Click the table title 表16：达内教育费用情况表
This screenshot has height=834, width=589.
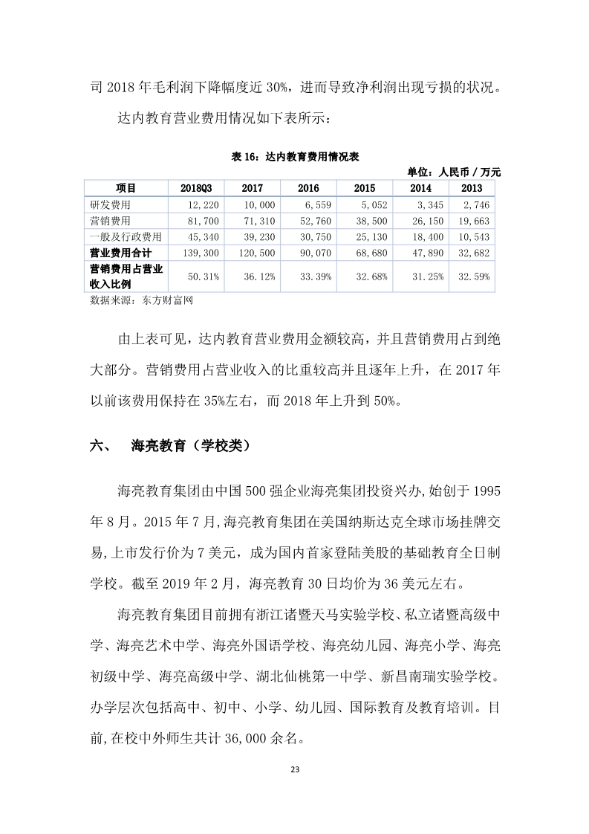click(x=296, y=156)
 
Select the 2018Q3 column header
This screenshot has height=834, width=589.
click(x=194, y=188)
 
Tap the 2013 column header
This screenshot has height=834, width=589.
click(x=471, y=188)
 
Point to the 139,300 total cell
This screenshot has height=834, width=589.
click(x=195, y=253)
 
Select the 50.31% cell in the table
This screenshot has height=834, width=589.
click(x=195, y=277)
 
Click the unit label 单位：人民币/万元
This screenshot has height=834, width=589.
click(x=455, y=172)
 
